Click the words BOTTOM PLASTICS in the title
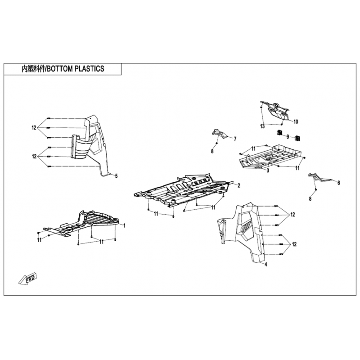tap(76, 69)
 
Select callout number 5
tap(117, 176)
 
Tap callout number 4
tap(266, 265)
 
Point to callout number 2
tap(239, 185)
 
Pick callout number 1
tap(125, 226)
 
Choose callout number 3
tap(268, 171)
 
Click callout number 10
tap(296, 121)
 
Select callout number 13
tap(262, 126)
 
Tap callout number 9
tap(288, 137)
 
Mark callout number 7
tap(235, 139)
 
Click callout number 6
tap(339, 183)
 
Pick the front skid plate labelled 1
tap(83, 222)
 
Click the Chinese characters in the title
tap(34, 69)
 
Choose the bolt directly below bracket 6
tap(316, 189)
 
